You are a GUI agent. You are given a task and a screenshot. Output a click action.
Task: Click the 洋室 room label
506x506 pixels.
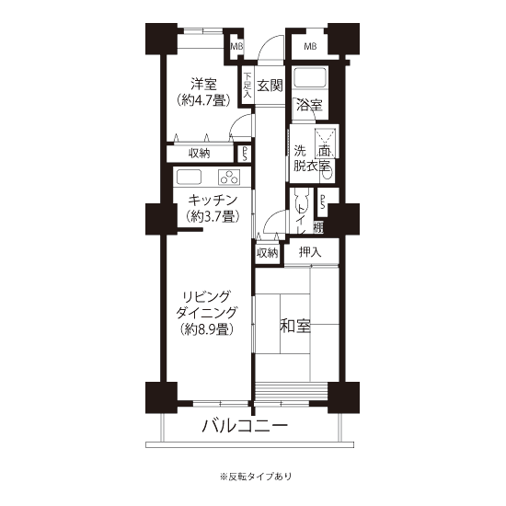pyautogui.click(x=203, y=85)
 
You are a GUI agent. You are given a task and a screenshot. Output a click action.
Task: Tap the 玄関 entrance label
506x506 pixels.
pyautogui.click(x=270, y=86)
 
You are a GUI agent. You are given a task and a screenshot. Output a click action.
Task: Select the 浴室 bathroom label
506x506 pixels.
pyautogui.click(x=309, y=105)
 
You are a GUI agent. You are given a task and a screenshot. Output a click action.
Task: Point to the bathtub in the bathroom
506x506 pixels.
pyautogui.click(x=310, y=77)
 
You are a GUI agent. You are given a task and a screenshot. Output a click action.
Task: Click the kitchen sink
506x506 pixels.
pyautogui.click(x=189, y=178)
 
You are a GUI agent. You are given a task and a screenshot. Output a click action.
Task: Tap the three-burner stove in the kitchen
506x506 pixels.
pyautogui.click(x=229, y=178)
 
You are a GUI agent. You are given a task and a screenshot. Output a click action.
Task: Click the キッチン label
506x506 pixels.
pyautogui.click(x=213, y=201)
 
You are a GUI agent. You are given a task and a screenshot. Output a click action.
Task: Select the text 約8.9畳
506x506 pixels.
pyautogui.click(x=207, y=329)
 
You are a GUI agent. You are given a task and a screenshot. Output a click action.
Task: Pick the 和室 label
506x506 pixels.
pyautogui.click(x=295, y=326)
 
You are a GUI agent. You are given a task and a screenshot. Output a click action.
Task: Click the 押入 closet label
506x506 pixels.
pyautogui.click(x=310, y=252)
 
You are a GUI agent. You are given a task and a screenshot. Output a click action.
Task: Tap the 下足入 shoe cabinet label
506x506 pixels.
pyautogui.click(x=247, y=86)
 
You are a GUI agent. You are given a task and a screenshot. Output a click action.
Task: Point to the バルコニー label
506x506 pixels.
pyautogui.click(x=245, y=426)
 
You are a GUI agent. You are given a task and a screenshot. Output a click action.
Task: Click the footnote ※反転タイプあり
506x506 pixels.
pyautogui.click(x=256, y=477)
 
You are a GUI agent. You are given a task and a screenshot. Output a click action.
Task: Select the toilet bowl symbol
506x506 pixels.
pyautogui.click(x=301, y=198)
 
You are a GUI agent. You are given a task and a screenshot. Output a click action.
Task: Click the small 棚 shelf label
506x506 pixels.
pyautogui.click(x=318, y=228)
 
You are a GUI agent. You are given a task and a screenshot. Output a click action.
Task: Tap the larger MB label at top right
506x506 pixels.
pyautogui.click(x=310, y=47)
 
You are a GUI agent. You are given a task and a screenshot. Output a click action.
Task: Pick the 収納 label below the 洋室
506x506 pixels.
pyautogui.click(x=199, y=154)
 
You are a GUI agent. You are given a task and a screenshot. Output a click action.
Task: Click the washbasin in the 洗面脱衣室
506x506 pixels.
pyautogui.click(x=328, y=175)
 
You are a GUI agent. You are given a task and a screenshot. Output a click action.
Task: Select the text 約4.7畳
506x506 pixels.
pyautogui.click(x=203, y=100)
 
